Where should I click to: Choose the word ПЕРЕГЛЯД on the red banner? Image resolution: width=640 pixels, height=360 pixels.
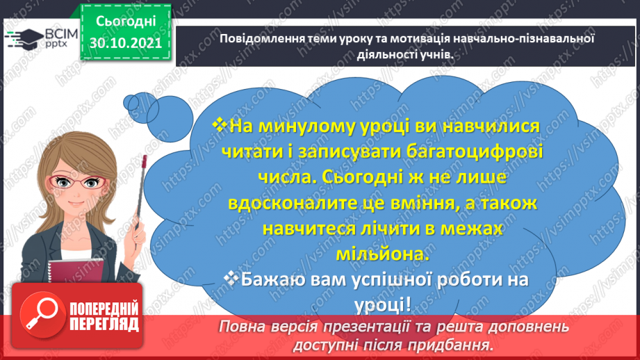(104, 324)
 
